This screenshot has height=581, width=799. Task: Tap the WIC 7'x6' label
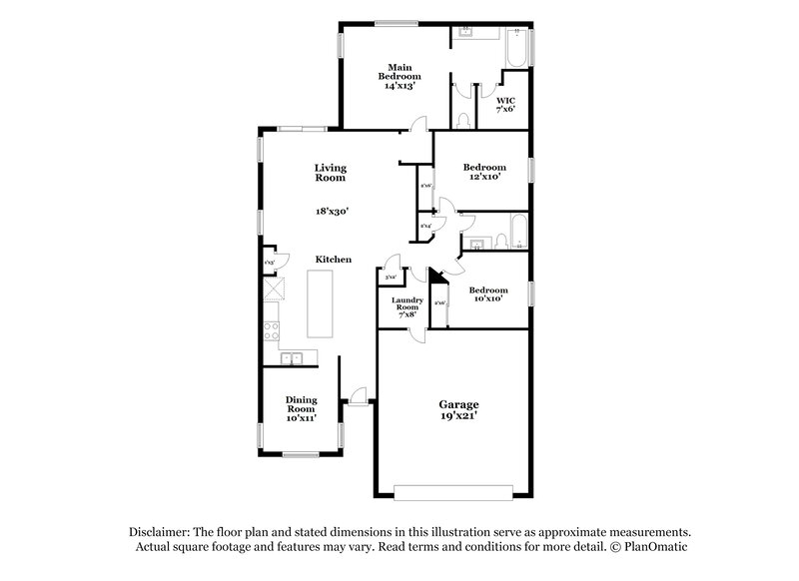point(505,104)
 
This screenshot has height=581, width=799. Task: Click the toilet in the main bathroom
point(462,120)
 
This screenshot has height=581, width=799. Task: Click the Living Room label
point(330,173)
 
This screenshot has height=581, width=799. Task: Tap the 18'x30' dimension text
point(332,211)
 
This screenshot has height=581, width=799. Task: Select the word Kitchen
point(333,260)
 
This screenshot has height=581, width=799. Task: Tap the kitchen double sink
point(293,357)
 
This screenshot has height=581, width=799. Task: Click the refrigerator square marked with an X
point(274,289)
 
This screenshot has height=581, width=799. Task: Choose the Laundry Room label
point(406,305)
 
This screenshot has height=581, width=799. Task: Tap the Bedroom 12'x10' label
point(482,172)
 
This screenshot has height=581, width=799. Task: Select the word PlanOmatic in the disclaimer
point(654,548)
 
